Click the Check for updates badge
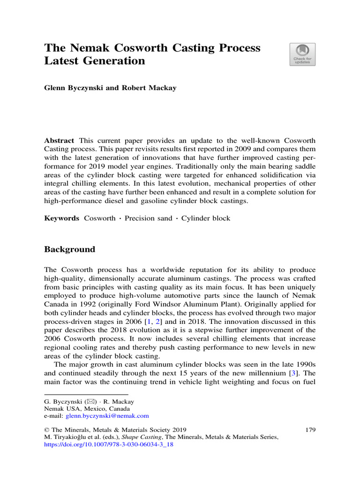[302, 54]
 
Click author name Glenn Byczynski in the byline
[74, 88]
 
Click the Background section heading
[69, 249]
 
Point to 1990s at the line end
[304, 365]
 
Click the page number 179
[310, 429]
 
